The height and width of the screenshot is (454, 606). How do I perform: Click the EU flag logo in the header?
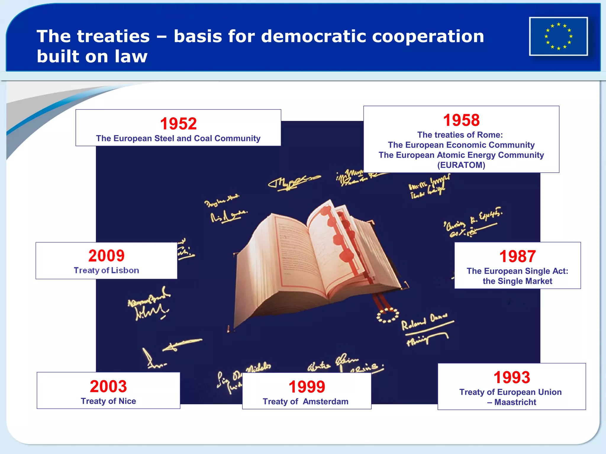(558, 36)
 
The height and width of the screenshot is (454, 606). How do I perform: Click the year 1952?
(178, 124)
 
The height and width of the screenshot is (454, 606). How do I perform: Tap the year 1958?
(461, 120)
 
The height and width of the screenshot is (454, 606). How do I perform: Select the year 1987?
(517, 256)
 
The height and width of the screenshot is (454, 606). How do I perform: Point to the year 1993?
(512, 377)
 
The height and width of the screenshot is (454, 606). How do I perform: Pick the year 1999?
(307, 387)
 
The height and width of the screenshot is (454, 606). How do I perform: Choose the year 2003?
(108, 386)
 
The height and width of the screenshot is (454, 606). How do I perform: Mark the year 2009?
(106, 256)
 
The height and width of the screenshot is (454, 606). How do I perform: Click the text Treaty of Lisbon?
(106, 270)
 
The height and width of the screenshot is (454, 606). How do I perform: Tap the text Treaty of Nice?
(108, 401)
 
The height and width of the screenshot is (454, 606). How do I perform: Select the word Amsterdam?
(325, 401)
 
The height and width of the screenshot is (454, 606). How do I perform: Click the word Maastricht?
(515, 402)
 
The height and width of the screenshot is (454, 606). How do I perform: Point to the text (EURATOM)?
(461, 165)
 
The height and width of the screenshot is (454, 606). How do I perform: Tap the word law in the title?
(131, 56)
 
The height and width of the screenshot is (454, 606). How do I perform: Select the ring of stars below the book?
(387, 315)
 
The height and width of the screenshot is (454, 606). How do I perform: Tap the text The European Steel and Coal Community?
(178, 138)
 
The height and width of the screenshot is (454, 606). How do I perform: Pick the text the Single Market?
(517, 281)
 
